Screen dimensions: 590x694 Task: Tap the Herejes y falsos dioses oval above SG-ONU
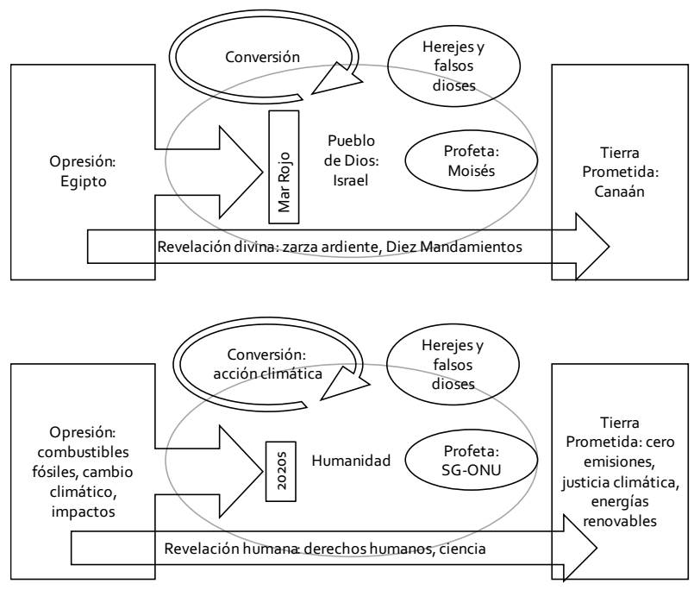[438, 366]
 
